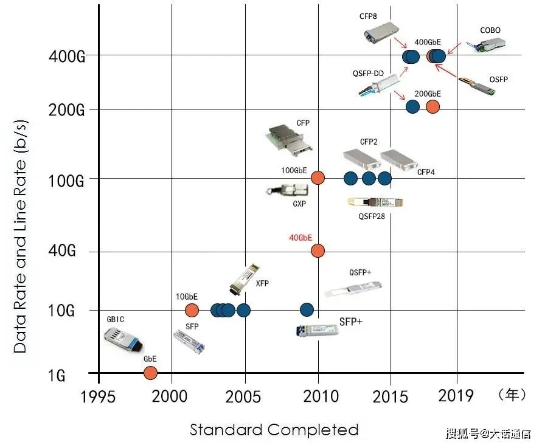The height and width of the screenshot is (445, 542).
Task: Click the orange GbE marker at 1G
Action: (x=150, y=373)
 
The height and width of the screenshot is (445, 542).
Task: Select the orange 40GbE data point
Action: (x=318, y=250)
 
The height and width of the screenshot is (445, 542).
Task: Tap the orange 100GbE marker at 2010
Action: (x=318, y=178)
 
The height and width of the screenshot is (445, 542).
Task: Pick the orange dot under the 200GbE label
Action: (x=433, y=107)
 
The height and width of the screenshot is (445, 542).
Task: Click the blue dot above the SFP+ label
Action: (x=307, y=310)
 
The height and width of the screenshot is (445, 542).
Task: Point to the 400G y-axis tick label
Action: (x=67, y=57)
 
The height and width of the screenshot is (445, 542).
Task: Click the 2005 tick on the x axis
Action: (x=243, y=396)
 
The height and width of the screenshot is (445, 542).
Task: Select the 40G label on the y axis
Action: (x=62, y=250)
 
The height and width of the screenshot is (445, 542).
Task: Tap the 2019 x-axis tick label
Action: (x=456, y=395)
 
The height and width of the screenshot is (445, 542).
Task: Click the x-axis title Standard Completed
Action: (x=274, y=429)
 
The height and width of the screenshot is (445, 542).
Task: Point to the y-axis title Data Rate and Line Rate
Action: (x=20, y=236)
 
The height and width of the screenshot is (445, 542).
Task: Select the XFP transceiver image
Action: (x=245, y=279)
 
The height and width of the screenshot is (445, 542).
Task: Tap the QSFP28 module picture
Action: (x=375, y=202)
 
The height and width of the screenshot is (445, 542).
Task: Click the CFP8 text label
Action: (x=368, y=16)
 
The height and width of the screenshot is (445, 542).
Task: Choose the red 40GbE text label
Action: (x=301, y=238)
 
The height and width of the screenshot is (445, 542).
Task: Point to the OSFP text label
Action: (x=498, y=80)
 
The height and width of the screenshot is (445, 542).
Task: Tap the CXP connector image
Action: (x=287, y=191)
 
